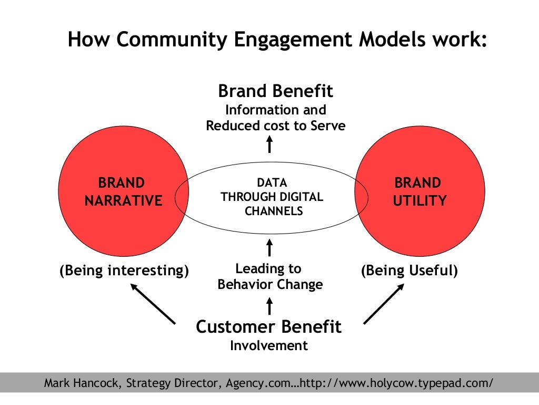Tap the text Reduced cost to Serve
[275, 126]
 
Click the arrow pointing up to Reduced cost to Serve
[269, 143]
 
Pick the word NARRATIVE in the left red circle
[123, 201]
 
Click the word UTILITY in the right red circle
[420, 201]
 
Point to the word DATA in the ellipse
[272, 183]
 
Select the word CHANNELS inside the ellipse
[272, 211]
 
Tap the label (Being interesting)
[124, 271]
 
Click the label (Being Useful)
[410, 271]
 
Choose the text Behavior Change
[270, 285]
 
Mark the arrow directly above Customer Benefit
[269, 305]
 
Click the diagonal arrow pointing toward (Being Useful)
[384, 304]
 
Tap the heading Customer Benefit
[268, 326]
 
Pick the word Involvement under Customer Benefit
[268, 345]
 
